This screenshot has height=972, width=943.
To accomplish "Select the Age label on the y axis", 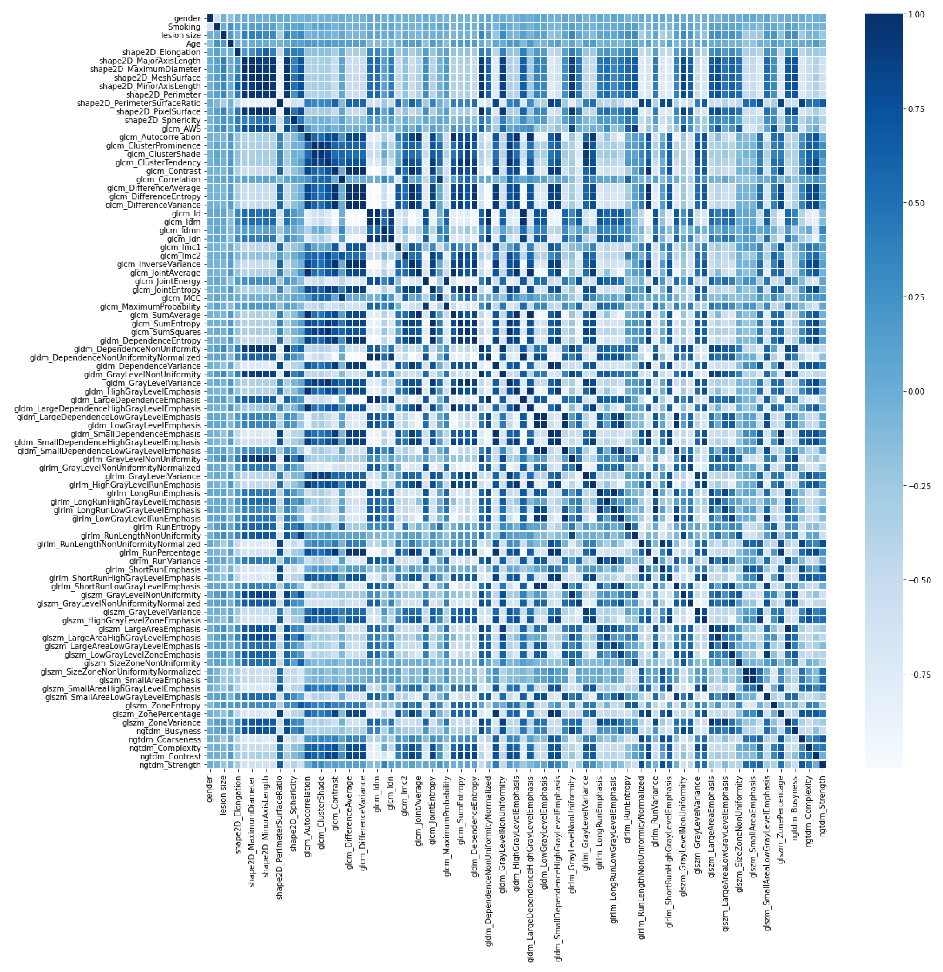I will [x=193, y=44].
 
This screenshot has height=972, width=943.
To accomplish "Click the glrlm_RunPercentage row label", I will [x=160, y=552].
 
